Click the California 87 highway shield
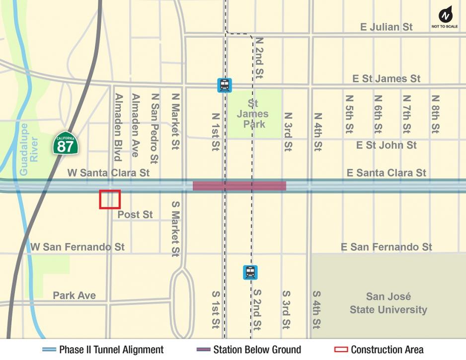pyautogui.click(x=65, y=144)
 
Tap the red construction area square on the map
pyautogui.click(x=110, y=199)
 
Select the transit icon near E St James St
pyautogui.click(x=225, y=85)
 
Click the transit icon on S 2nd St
pyautogui.click(x=250, y=272)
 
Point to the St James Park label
pyautogui.click(x=253, y=114)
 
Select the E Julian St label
pyautogui.click(x=386, y=27)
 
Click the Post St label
pyautogui.click(x=135, y=215)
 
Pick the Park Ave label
pyautogui.click(x=75, y=295)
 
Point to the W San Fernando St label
pyautogui.click(x=78, y=247)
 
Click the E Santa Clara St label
pyautogui.click(x=386, y=173)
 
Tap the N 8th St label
pyautogui.click(x=436, y=114)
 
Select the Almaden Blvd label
pyautogui.click(x=118, y=127)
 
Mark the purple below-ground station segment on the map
pyautogui.click(x=239, y=186)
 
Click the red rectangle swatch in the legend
pyautogui.click(x=341, y=350)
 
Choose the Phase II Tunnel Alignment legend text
pyautogui.click(x=111, y=350)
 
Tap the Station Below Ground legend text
pyautogui.click(x=257, y=350)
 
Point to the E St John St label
pyautogui.click(x=386, y=145)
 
